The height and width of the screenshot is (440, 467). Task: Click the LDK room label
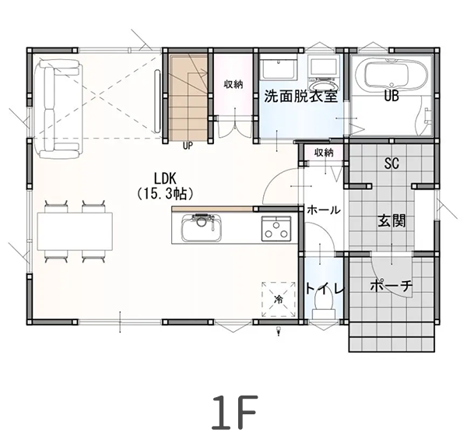164,177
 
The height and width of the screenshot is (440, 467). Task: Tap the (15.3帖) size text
164,191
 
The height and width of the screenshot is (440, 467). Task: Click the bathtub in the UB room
392,75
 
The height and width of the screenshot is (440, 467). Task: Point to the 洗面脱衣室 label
300,97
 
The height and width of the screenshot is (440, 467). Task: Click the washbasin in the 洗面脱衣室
276,68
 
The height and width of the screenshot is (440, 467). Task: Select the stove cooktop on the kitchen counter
275,230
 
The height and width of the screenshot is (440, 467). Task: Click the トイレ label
325,288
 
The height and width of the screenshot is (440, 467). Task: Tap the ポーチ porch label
392,287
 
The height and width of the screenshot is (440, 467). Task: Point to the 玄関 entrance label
392,220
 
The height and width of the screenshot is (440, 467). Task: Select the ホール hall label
321,210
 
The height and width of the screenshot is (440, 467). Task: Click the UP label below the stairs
188,145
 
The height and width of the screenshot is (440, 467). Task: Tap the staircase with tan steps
188,97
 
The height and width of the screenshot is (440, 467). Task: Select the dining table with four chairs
75,231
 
